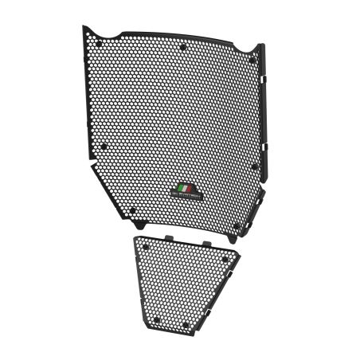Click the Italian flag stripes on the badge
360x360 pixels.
183,188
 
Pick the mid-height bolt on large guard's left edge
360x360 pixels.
102,146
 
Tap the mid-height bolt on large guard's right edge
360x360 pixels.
254,166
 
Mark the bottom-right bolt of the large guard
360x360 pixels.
237,225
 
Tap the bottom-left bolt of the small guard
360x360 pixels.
157,321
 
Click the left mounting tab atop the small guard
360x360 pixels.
169,237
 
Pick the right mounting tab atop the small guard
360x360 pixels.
205,241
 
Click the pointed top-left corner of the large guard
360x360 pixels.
84,28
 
